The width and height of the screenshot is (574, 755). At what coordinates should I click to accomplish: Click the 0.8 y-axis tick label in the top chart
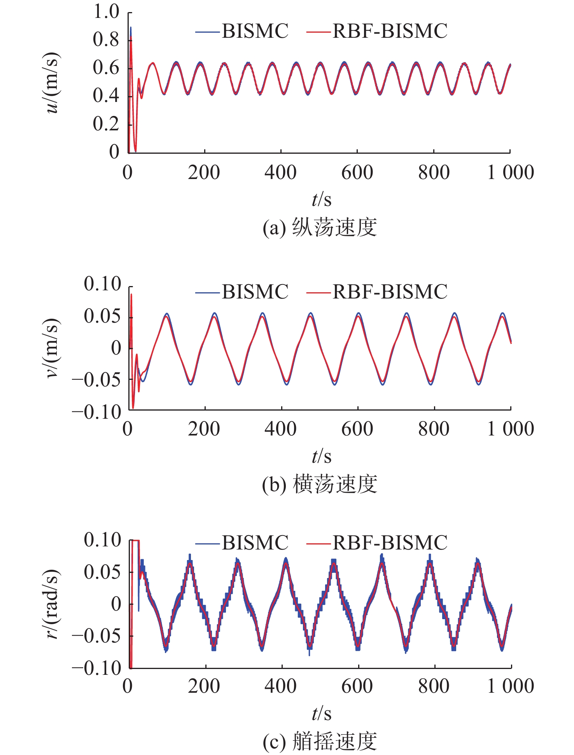[106, 40]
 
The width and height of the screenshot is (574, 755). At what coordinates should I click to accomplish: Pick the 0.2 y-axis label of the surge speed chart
[106, 124]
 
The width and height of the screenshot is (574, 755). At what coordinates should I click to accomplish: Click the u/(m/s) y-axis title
[52, 83]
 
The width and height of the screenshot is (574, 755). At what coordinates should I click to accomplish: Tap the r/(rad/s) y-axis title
[52, 604]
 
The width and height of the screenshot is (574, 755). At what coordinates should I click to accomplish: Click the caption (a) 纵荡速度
[320, 228]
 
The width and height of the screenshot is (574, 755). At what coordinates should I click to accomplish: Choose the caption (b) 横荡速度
[320, 485]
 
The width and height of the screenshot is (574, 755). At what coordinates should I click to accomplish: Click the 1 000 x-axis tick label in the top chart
[511, 172]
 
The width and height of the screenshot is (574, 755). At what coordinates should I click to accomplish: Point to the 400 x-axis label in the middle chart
[280, 429]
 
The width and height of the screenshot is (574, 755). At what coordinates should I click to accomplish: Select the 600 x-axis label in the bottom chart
[357, 686]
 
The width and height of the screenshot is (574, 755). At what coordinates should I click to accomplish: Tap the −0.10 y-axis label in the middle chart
[97, 412]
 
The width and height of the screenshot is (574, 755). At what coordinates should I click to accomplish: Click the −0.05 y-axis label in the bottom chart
[97, 636]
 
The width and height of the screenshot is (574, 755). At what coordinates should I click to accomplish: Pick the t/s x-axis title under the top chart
[321, 200]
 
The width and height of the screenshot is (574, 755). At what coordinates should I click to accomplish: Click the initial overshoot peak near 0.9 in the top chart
[131, 28]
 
